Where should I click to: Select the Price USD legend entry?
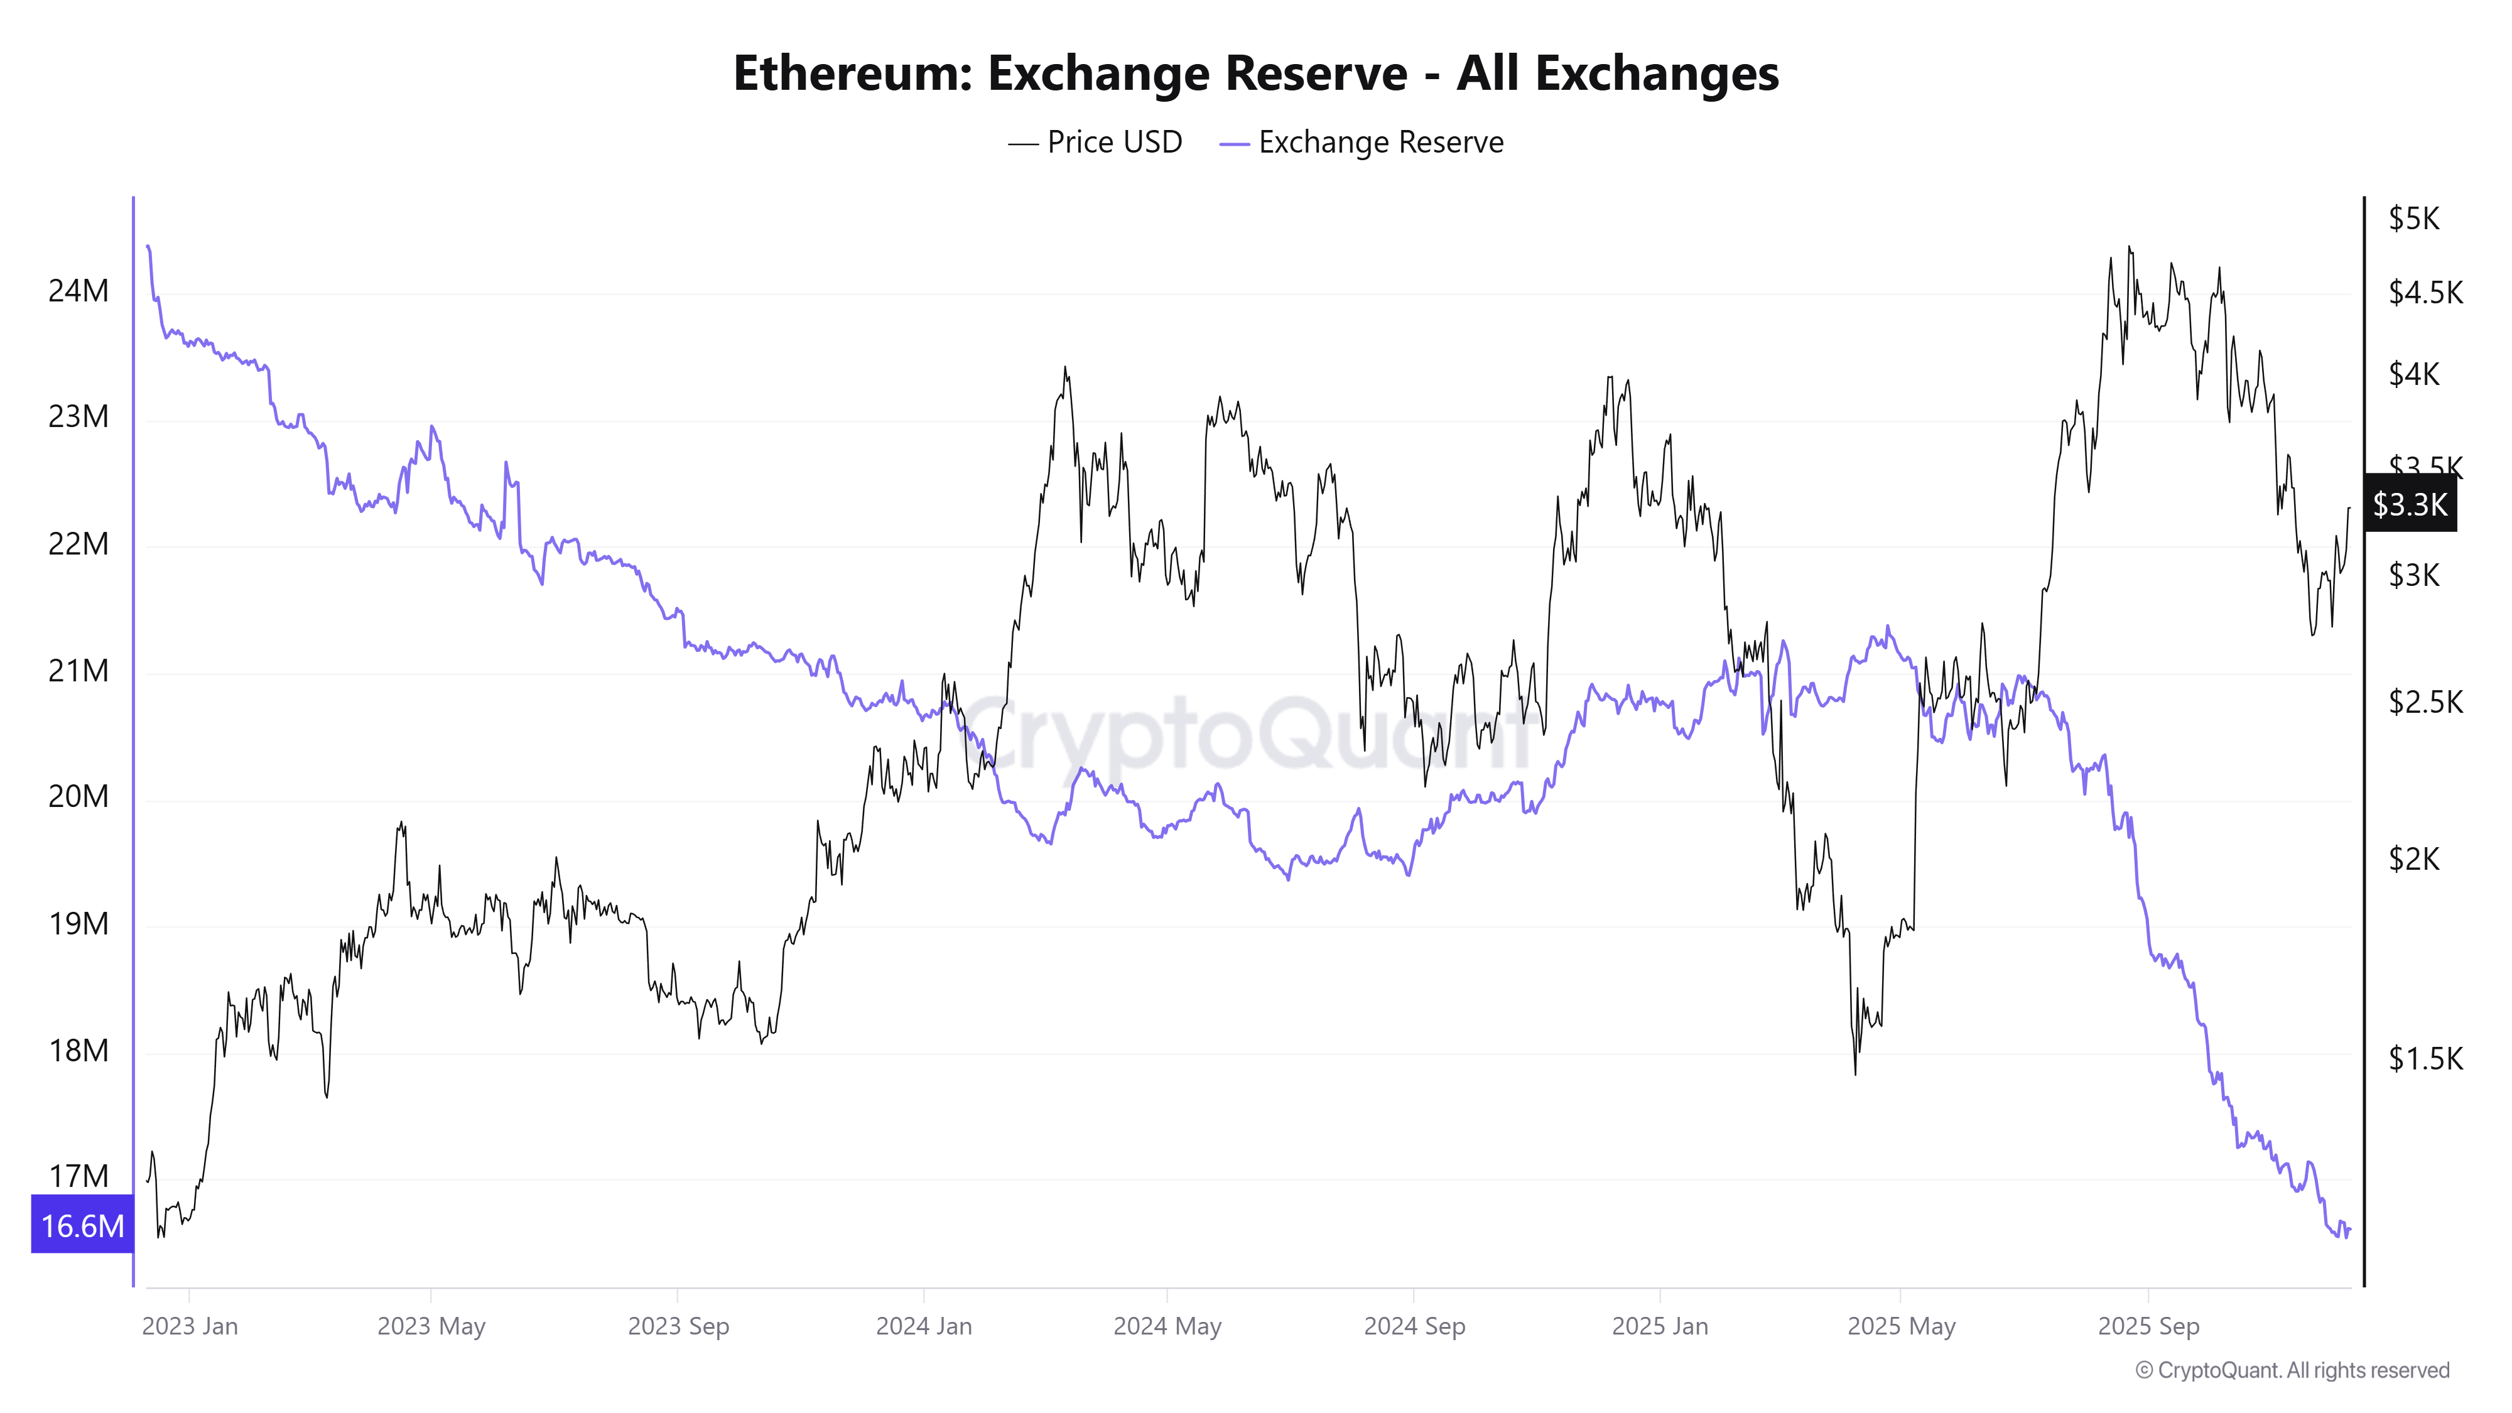(x=1095, y=143)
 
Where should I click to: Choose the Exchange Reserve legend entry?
(x=1362, y=143)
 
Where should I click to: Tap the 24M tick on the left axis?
(x=78, y=291)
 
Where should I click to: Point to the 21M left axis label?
(x=78, y=671)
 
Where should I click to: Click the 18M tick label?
(x=78, y=1050)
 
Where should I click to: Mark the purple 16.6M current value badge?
(x=82, y=1226)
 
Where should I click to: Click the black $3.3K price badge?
(x=2410, y=504)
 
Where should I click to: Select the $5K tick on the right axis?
(x=2413, y=219)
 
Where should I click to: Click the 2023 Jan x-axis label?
(x=190, y=1326)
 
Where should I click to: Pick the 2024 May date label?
(x=1167, y=1326)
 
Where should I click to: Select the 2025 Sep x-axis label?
(x=2148, y=1326)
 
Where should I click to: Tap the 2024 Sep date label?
(x=1414, y=1326)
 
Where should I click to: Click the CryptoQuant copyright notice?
(x=2292, y=1370)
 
